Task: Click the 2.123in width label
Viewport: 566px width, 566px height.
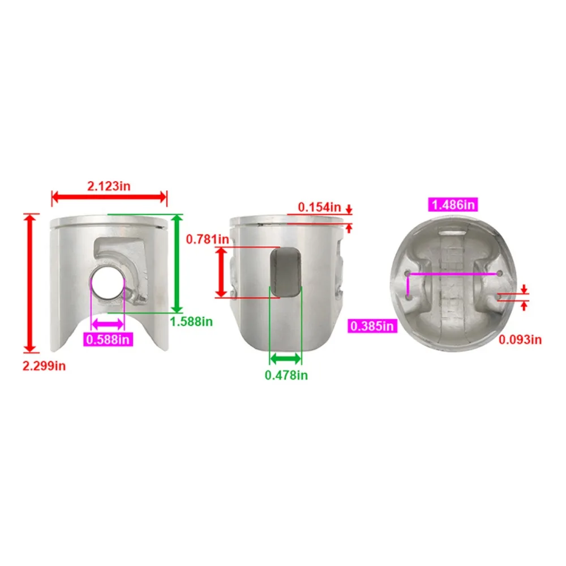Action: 109,186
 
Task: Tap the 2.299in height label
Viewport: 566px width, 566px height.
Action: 44,366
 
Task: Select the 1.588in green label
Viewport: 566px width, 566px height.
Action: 191,321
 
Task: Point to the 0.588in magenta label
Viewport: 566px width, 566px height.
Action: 108,340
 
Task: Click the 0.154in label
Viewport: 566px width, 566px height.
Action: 319,207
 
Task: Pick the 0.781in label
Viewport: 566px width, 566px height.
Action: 208,239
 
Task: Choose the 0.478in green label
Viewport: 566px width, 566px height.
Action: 286,375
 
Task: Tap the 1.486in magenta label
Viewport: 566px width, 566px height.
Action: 453,205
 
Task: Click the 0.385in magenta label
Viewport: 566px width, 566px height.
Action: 372,326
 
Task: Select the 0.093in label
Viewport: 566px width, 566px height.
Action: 520,340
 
